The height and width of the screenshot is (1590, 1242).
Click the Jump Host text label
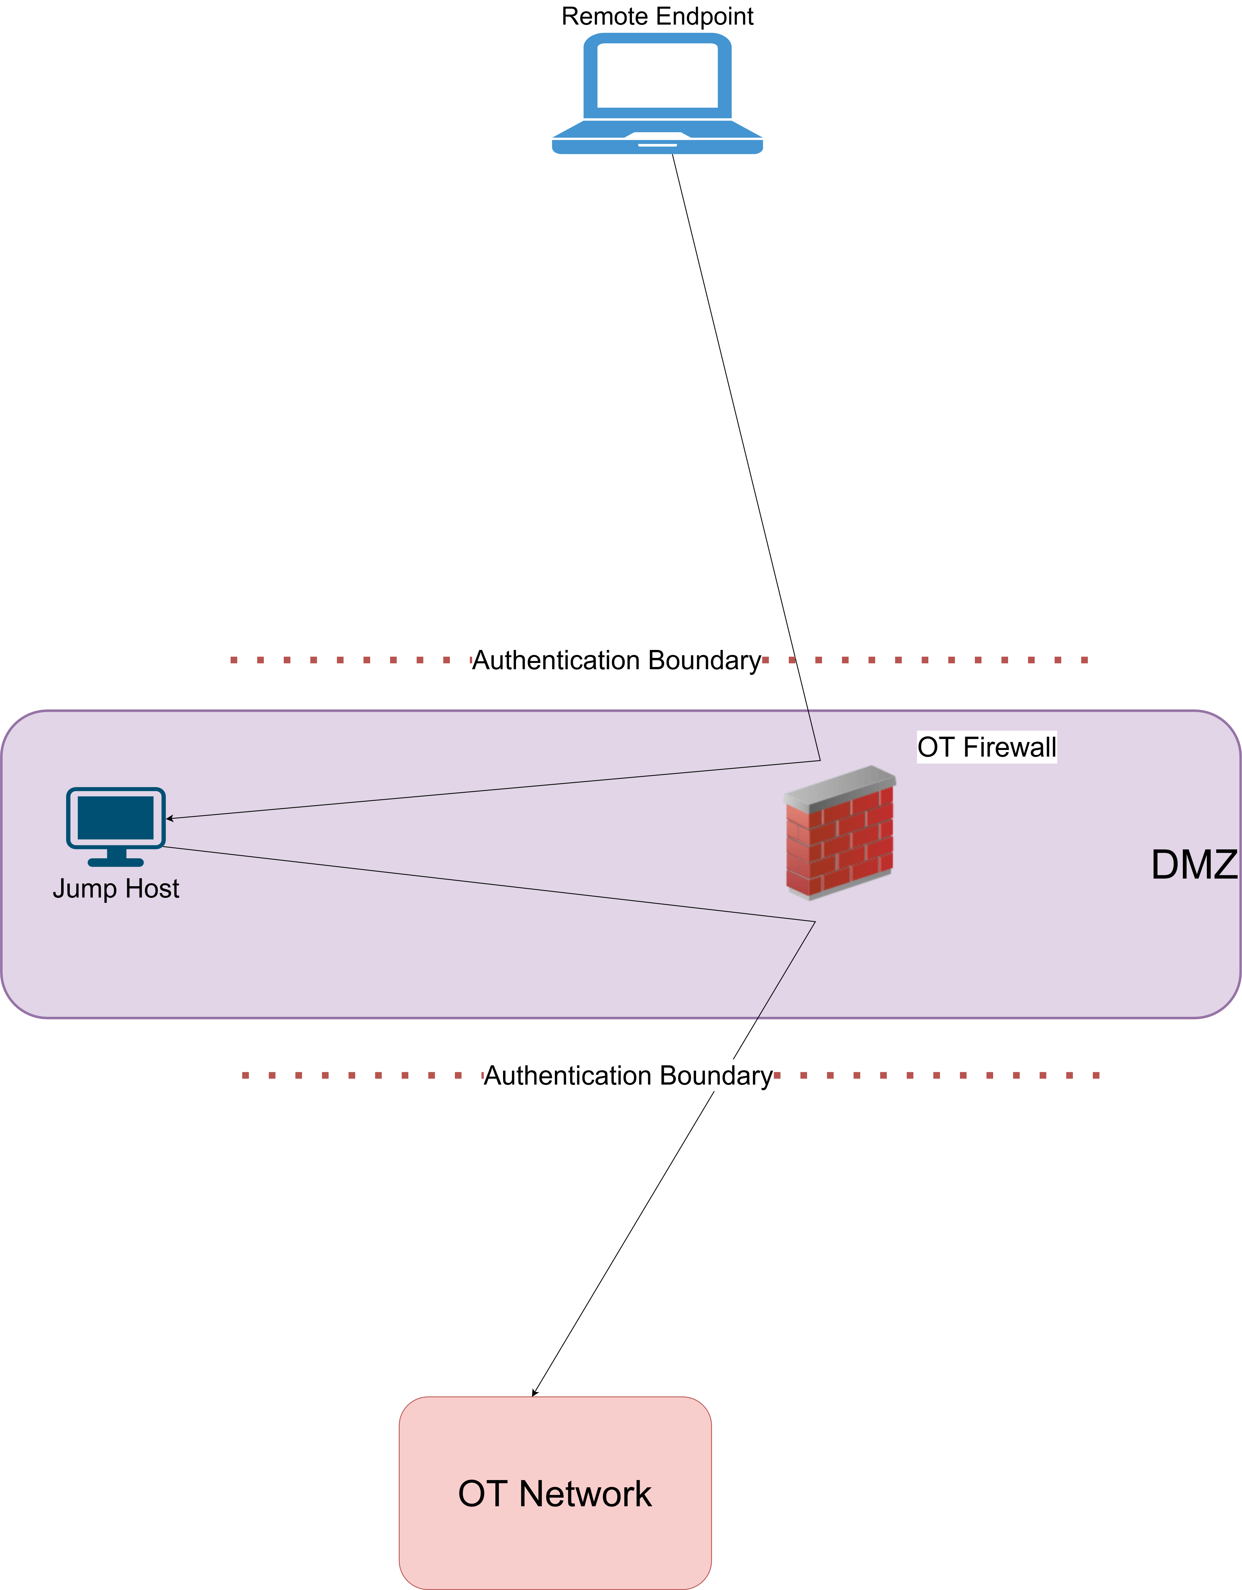tap(116, 888)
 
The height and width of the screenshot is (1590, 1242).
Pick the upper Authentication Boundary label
tap(617, 660)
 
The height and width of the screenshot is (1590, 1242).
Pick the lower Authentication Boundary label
tap(628, 1075)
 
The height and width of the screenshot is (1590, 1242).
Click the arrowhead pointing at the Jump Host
tap(169, 818)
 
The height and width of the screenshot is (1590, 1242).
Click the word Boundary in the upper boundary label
tap(704, 660)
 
